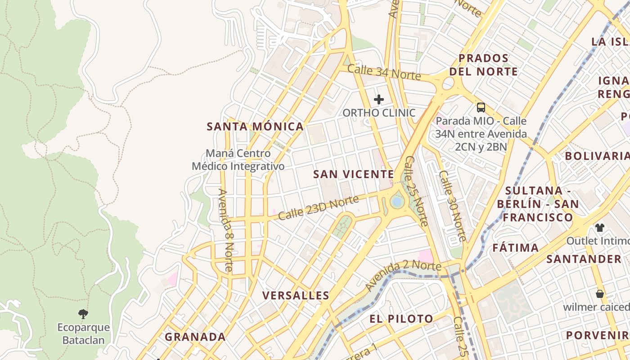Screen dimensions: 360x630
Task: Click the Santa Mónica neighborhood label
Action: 255,126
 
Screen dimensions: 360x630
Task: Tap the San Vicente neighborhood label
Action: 353,174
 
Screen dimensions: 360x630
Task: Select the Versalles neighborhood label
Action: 296,296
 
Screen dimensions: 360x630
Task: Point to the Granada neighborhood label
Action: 195,337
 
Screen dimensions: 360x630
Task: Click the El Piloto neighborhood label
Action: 401,319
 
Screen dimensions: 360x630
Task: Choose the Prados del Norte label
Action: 483,65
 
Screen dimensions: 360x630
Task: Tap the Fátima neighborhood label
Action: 515,247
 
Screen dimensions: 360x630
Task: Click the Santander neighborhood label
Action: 584,259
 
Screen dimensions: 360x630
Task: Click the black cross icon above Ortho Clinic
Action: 379,99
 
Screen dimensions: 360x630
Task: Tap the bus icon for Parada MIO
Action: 481,107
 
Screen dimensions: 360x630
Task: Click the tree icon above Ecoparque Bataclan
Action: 83,314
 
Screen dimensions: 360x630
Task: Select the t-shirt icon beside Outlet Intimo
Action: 599,228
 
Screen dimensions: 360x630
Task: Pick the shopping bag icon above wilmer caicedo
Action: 599,294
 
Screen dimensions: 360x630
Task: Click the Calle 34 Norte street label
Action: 384,72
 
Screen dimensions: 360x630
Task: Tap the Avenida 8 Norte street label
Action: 225,230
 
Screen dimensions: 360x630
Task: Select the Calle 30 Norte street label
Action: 453,206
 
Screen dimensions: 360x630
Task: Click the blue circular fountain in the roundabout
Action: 396,202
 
